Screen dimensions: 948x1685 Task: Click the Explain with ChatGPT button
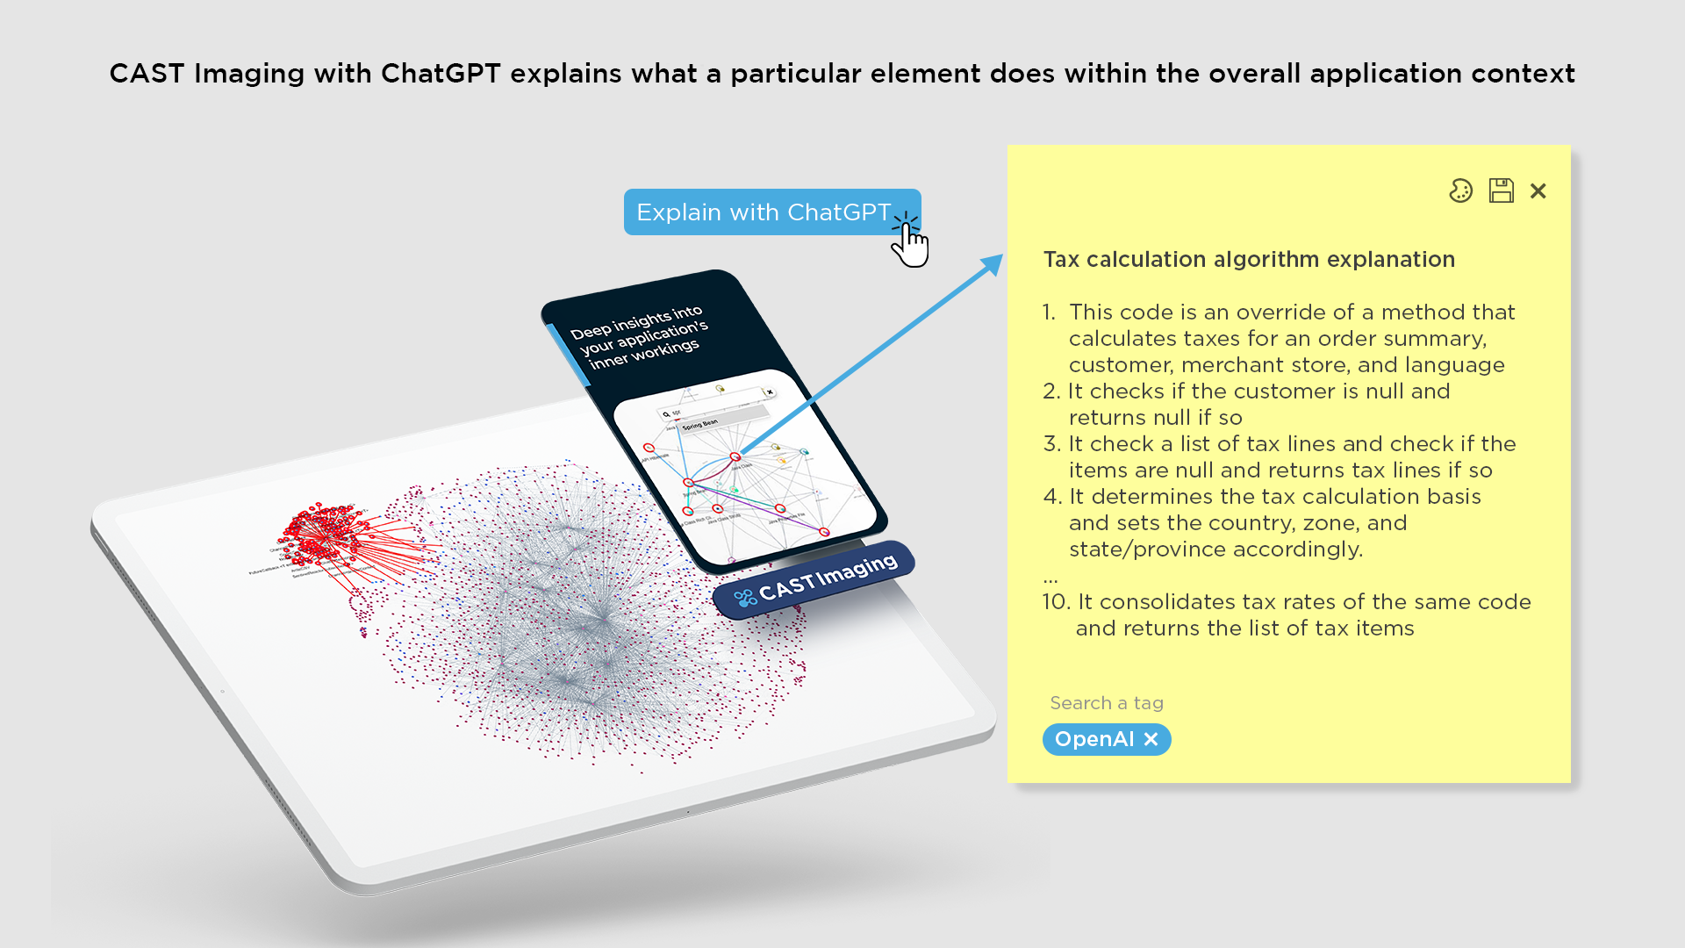point(764,212)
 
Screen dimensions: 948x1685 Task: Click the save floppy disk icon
point(1501,190)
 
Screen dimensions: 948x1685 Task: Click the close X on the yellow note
point(1538,190)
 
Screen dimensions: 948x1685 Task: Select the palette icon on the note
point(1460,190)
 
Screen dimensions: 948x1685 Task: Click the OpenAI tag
point(1093,739)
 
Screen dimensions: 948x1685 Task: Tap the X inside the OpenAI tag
point(1151,739)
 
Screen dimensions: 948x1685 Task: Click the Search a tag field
point(1106,703)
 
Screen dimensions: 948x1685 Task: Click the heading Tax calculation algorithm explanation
point(1248,260)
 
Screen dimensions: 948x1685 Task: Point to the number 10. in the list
point(1056,602)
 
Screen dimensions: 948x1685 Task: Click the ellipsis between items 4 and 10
point(1050,578)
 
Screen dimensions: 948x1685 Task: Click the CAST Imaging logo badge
point(814,580)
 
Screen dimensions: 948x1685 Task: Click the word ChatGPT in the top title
point(440,74)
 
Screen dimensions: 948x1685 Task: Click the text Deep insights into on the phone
point(635,322)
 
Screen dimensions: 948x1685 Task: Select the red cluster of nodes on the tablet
point(320,535)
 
